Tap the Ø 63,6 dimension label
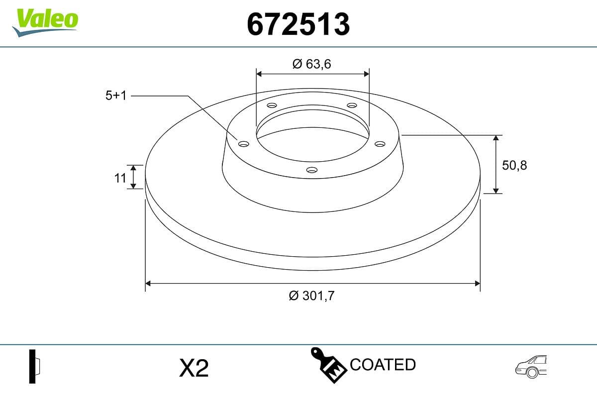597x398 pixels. point(312,64)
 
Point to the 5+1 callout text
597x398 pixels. point(116,96)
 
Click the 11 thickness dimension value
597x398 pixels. point(120,177)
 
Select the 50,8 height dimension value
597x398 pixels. point(514,165)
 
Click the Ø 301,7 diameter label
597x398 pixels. point(312,296)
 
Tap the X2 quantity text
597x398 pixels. point(194,369)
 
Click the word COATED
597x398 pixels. point(383,365)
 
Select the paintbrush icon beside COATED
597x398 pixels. point(328,365)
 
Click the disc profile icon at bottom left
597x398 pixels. point(34,366)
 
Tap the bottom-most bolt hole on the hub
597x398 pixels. point(312,170)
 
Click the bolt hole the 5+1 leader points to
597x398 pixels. point(243,144)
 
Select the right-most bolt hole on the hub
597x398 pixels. point(380,144)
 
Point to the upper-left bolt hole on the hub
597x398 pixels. point(272,105)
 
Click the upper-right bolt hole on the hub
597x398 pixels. point(352,105)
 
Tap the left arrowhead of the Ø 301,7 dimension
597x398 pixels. point(148,284)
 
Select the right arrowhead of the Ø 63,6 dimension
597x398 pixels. point(367,74)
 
